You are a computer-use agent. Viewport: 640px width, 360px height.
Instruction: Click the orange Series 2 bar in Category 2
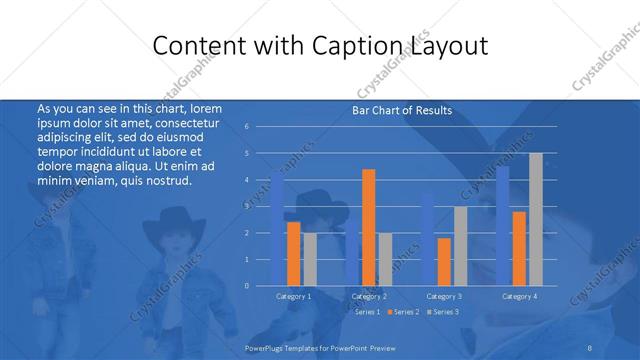point(369,228)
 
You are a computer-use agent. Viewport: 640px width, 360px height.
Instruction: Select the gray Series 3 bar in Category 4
point(536,220)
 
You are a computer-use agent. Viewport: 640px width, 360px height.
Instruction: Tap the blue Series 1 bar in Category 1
point(277,232)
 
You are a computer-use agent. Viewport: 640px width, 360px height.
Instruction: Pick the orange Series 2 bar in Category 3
point(444,262)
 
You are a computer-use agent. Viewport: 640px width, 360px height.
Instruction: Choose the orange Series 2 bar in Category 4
point(519,249)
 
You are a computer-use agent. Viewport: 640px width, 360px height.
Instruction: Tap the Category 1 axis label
point(294,296)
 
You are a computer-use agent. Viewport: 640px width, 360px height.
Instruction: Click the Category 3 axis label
point(444,296)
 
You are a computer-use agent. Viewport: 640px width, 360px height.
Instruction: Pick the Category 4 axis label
point(519,296)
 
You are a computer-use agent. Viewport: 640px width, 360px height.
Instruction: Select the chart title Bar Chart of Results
point(402,110)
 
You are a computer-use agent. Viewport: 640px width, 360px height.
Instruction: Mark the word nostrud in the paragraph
point(166,180)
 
